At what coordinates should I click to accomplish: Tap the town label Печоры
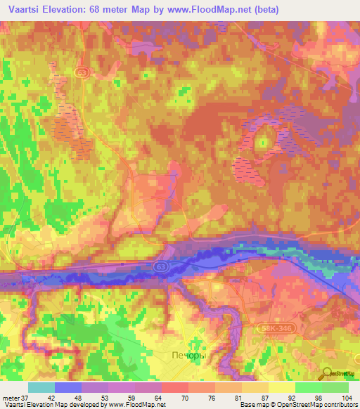188,356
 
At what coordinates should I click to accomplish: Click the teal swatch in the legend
41,387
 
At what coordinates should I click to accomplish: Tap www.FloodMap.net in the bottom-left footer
137,405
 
